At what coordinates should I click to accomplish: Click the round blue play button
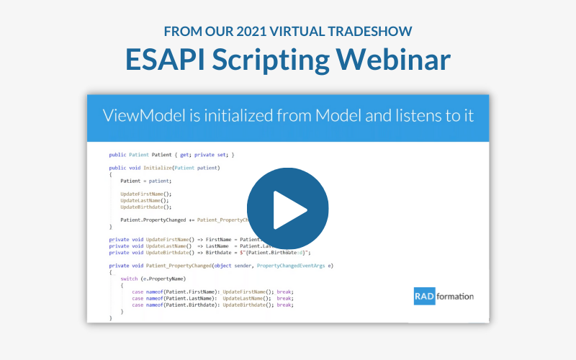pos(288,209)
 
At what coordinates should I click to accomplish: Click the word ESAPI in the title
pos(162,59)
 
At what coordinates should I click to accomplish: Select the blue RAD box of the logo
pos(425,295)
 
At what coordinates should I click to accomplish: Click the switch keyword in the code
pos(130,278)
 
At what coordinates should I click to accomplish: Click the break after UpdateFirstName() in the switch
pos(284,292)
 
